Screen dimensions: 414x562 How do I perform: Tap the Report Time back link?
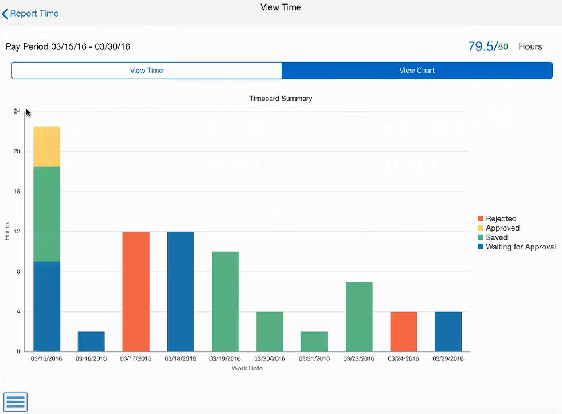tap(31, 13)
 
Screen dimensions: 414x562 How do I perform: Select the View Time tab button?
tap(147, 71)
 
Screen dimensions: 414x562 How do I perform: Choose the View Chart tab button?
tap(417, 71)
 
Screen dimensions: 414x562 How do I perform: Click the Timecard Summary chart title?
tap(280, 99)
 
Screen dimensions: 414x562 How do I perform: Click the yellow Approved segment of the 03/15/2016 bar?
tap(46, 147)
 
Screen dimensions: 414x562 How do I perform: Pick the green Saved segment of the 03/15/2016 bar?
tap(46, 214)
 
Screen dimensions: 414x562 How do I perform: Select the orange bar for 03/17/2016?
tap(136, 291)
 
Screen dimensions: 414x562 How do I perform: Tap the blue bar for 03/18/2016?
tap(181, 291)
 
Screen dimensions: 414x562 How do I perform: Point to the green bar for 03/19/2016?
tap(225, 301)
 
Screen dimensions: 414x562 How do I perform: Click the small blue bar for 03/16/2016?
tap(91, 342)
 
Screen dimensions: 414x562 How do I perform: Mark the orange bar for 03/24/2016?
tap(403, 331)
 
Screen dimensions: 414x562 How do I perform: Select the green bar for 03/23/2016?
tap(359, 317)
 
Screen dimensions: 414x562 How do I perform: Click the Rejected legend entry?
tap(501, 218)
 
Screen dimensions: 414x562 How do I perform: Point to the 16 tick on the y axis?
tap(17, 192)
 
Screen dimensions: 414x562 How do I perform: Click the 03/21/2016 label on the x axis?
tap(314, 359)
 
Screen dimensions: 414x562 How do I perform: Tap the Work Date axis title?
tap(247, 368)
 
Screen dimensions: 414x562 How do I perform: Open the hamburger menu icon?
tap(15, 402)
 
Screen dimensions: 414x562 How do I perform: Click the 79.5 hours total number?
tap(481, 46)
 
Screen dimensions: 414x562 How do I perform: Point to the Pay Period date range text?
tap(68, 46)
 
